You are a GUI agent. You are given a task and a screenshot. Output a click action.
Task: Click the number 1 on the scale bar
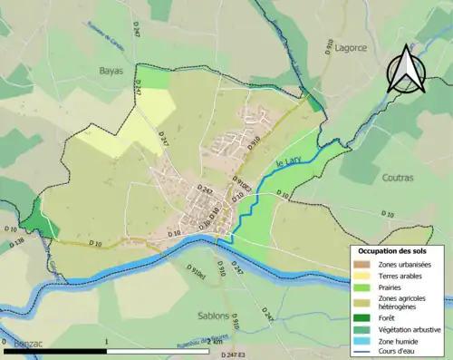point(107,343)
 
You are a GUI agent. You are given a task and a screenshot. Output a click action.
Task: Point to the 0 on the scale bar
point(5,343)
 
